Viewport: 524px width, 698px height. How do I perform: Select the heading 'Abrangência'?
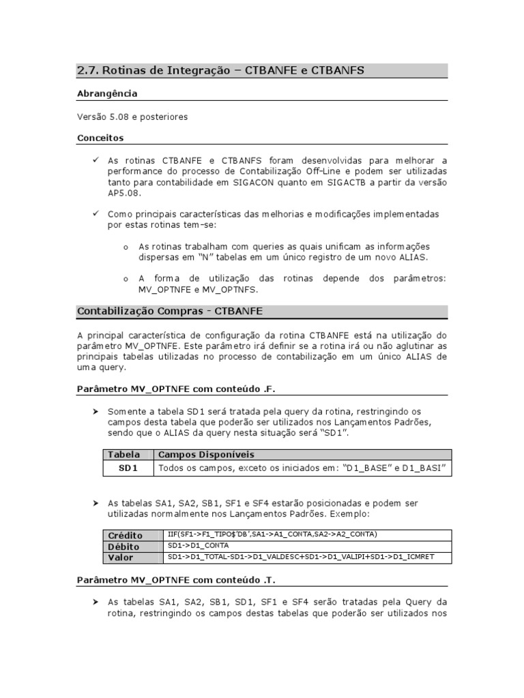coord(107,93)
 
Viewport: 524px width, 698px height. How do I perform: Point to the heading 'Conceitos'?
coord(100,138)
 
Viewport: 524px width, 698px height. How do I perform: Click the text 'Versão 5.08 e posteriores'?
coord(132,117)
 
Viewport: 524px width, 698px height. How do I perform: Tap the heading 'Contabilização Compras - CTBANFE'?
coord(170,312)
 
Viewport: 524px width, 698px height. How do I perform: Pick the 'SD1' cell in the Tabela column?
coord(128,468)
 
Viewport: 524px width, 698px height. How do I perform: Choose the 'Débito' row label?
coord(123,547)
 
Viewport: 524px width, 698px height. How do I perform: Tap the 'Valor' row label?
coord(121,558)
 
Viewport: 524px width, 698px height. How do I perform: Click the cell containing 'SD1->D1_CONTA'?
coord(198,546)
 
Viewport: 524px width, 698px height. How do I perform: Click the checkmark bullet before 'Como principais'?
coord(96,214)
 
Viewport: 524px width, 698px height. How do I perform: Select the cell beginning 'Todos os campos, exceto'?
coord(302,468)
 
